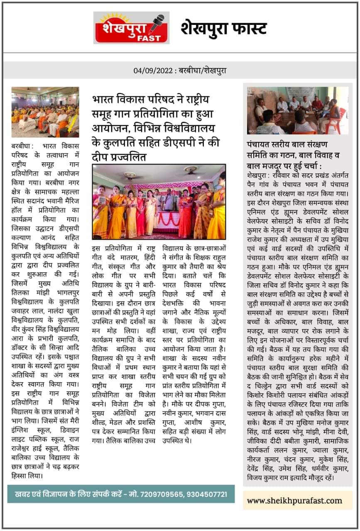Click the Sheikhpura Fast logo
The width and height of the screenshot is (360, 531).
pos(131,27)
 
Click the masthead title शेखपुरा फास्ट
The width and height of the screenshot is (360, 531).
pos(223,28)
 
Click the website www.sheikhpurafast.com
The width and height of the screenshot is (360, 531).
pos(294,500)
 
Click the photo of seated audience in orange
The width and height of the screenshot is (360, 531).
pos(45,112)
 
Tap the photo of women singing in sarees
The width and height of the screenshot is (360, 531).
pos(159,202)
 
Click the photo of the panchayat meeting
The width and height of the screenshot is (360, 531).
pos(297,110)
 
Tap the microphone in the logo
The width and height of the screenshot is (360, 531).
pos(157,24)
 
